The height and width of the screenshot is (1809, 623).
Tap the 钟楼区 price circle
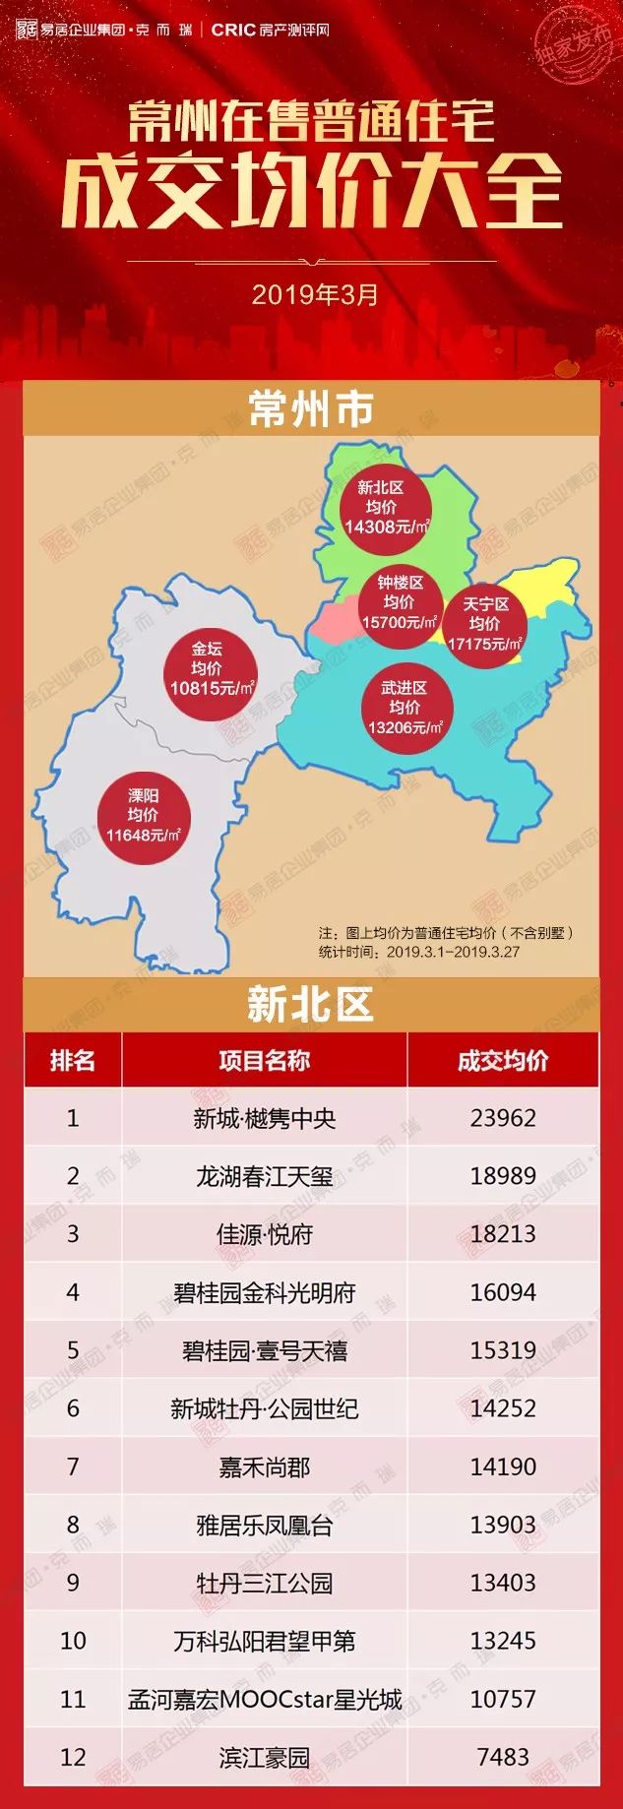399,602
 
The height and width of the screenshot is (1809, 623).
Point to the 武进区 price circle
405,708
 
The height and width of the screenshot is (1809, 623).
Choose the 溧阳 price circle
143,816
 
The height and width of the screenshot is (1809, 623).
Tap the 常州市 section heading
311,409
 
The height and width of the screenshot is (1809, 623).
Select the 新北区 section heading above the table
311,1005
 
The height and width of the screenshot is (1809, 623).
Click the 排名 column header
73,1060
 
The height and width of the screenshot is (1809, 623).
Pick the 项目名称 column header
264,1060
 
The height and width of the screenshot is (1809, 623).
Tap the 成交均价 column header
503,1060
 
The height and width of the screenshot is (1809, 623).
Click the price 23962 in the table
503,1118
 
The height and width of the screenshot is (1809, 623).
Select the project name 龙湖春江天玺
264,1176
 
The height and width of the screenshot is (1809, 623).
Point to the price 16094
503,1292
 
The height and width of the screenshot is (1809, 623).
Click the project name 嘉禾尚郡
264,1467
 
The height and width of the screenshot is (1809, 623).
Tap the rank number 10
73,1641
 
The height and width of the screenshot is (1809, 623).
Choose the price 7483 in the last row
503,1757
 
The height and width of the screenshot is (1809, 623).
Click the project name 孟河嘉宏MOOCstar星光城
264,1699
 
